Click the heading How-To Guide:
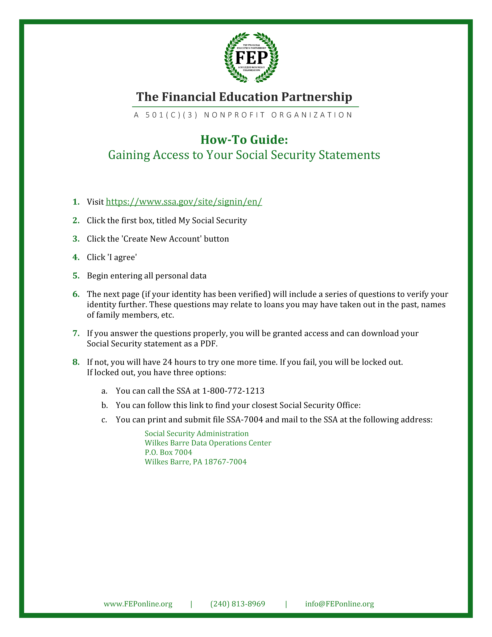point(244,140)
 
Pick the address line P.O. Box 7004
point(168,452)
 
